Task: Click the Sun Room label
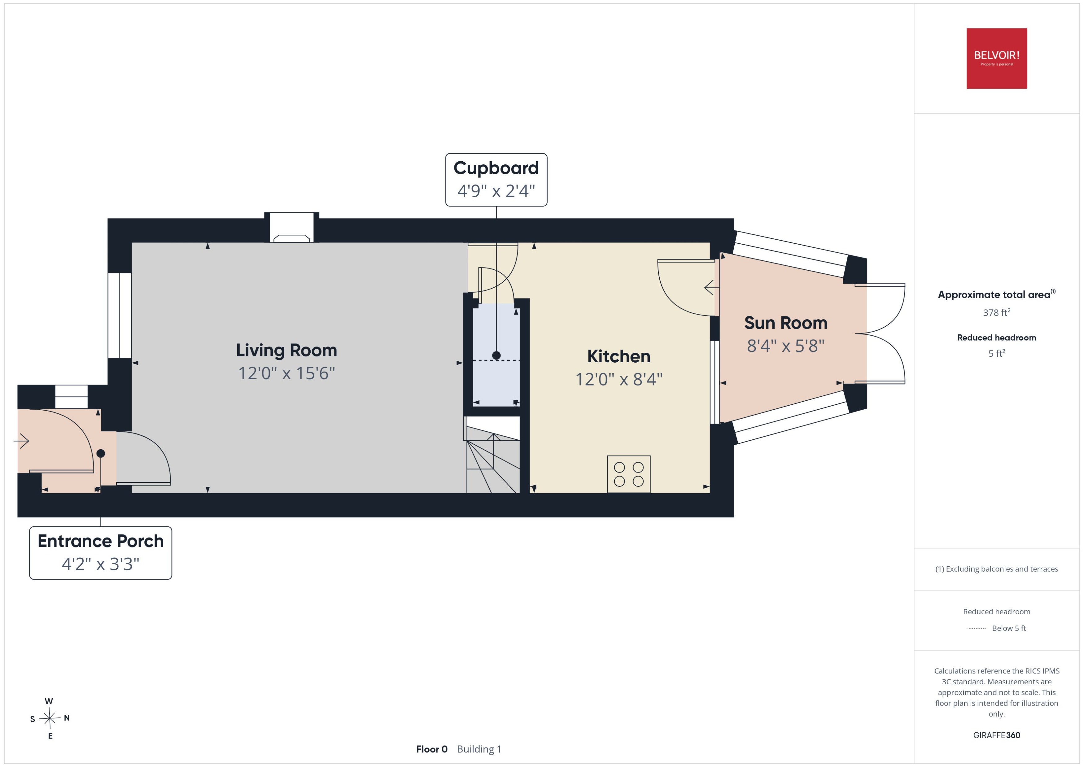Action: coord(785,323)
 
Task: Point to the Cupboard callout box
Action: coord(496,180)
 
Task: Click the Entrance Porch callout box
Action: coord(101,553)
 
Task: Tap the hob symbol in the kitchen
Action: coord(629,474)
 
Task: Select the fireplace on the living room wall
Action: coord(292,228)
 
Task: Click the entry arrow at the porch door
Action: coord(21,441)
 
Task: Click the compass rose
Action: coord(50,718)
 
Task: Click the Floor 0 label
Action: coord(431,749)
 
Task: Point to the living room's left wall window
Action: coord(120,316)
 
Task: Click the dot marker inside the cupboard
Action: coord(496,355)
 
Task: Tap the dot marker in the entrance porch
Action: coord(101,453)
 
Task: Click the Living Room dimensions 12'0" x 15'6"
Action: coord(286,373)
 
